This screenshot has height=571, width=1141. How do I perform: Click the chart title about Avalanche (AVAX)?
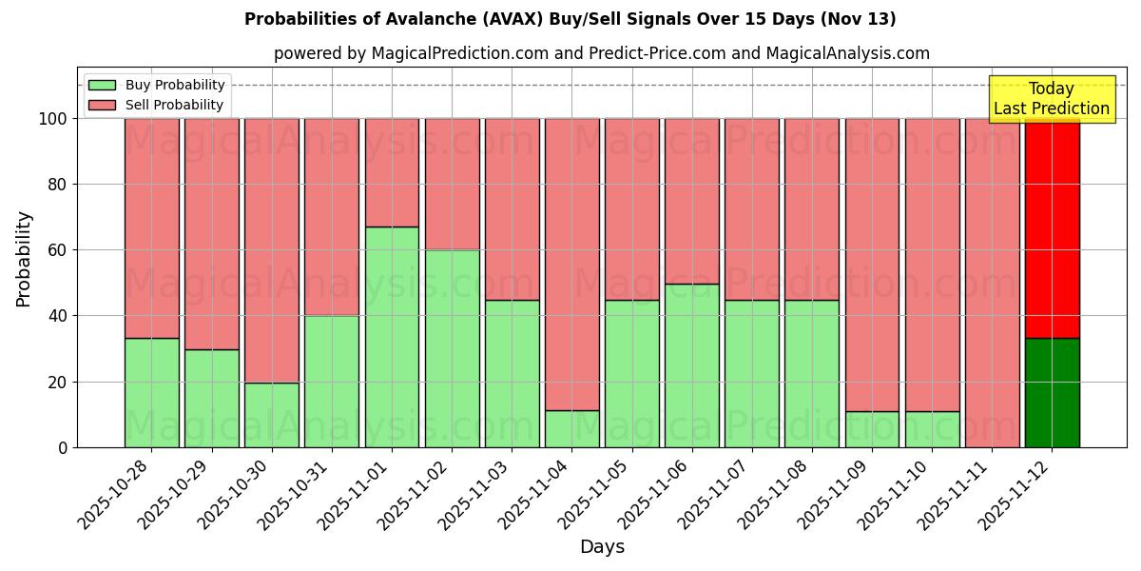[x=570, y=19]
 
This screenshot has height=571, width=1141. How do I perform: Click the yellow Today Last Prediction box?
[x=1052, y=99]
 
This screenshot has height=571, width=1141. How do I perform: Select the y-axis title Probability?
[x=24, y=259]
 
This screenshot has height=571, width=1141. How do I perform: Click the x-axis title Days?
[x=602, y=547]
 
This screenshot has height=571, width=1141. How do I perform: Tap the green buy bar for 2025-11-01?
[x=392, y=337]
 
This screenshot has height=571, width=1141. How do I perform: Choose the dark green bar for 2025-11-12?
[x=1052, y=392]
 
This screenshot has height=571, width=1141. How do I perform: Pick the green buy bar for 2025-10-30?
[x=272, y=415]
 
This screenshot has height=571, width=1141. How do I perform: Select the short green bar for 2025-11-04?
[x=571, y=428]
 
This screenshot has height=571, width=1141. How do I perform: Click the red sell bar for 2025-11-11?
[x=992, y=283]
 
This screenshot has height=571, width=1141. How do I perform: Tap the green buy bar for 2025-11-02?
[x=452, y=348]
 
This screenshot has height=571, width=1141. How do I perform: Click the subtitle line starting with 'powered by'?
[x=602, y=53]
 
